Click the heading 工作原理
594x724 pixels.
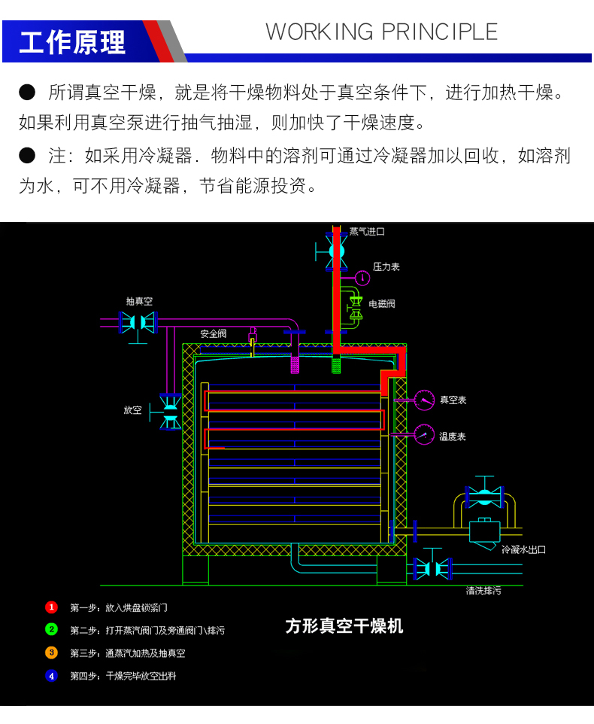72,41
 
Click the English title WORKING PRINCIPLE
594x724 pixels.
381,32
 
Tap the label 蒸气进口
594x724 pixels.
367,232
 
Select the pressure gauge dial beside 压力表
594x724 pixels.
362,278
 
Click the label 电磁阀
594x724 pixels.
381,304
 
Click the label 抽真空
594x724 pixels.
139,301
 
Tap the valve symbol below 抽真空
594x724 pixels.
138,323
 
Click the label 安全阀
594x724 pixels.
213,333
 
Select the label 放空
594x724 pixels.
132,410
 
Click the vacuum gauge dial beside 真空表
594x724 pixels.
424,400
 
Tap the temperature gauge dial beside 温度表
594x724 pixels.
424,435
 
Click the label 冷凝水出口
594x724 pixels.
523,549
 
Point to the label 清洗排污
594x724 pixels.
483,591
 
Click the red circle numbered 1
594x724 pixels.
51,607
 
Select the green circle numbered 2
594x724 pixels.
51,629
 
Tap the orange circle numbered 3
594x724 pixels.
51,653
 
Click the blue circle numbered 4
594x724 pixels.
51,676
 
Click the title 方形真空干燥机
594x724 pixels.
344,626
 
